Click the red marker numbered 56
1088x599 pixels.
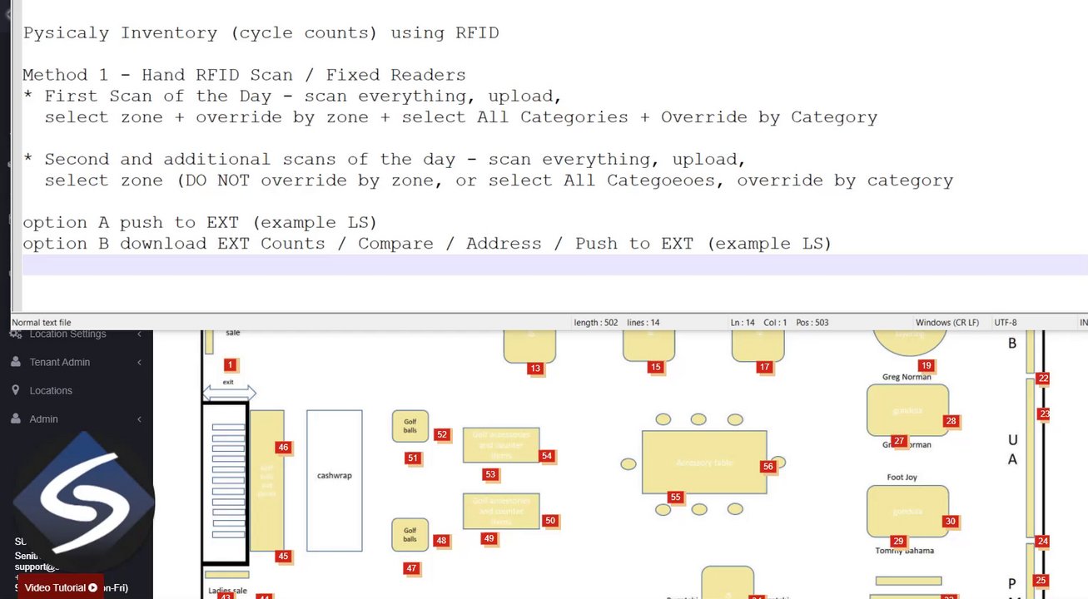click(x=768, y=467)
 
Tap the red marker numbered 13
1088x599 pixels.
click(x=535, y=368)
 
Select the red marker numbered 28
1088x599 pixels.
click(x=951, y=421)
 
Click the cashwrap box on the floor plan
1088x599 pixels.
click(x=334, y=480)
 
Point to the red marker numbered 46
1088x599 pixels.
click(x=283, y=448)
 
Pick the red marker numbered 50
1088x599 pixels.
click(x=549, y=521)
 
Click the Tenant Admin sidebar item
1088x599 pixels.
click(x=59, y=362)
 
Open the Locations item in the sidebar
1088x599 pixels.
click(x=51, y=390)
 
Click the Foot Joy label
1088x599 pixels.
click(x=902, y=478)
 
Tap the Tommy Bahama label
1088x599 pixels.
click(x=904, y=551)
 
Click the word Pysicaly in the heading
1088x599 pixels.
click(x=67, y=33)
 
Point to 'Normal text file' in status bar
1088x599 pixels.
click(x=42, y=323)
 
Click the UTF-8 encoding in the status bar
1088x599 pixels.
click(x=1005, y=323)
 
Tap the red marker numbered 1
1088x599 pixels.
click(x=231, y=364)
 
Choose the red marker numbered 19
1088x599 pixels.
click(x=926, y=365)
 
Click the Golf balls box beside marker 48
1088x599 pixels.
click(x=410, y=535)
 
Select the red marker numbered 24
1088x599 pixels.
click(x=1042, y=541)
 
